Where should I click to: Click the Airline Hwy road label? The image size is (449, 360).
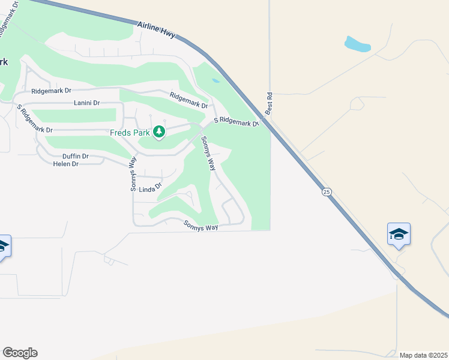[x=155, y=31]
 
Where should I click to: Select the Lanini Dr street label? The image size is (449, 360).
[x=86, y=103]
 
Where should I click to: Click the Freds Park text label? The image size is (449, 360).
[x=130, y=132]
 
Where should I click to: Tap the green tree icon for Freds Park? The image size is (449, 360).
[x=158, y=131]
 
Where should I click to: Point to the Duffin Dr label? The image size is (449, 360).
[x=76, y=156]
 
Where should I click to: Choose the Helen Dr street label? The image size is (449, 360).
[x=66, y=164]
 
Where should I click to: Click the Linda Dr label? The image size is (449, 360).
[x=151, y=189]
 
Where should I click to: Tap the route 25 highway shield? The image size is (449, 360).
[x=326, y=192]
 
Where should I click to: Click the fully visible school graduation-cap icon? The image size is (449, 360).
[x=399, y=234]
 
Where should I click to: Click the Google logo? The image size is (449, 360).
[x=20, y=353]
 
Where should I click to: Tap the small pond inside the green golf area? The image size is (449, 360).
[x=215, y=80]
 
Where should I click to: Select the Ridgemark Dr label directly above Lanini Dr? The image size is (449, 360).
[x=51, y=91]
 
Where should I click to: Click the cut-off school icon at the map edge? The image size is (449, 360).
[x=3, y=246]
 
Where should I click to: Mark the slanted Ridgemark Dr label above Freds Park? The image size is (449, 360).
[x=188, y=100]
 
